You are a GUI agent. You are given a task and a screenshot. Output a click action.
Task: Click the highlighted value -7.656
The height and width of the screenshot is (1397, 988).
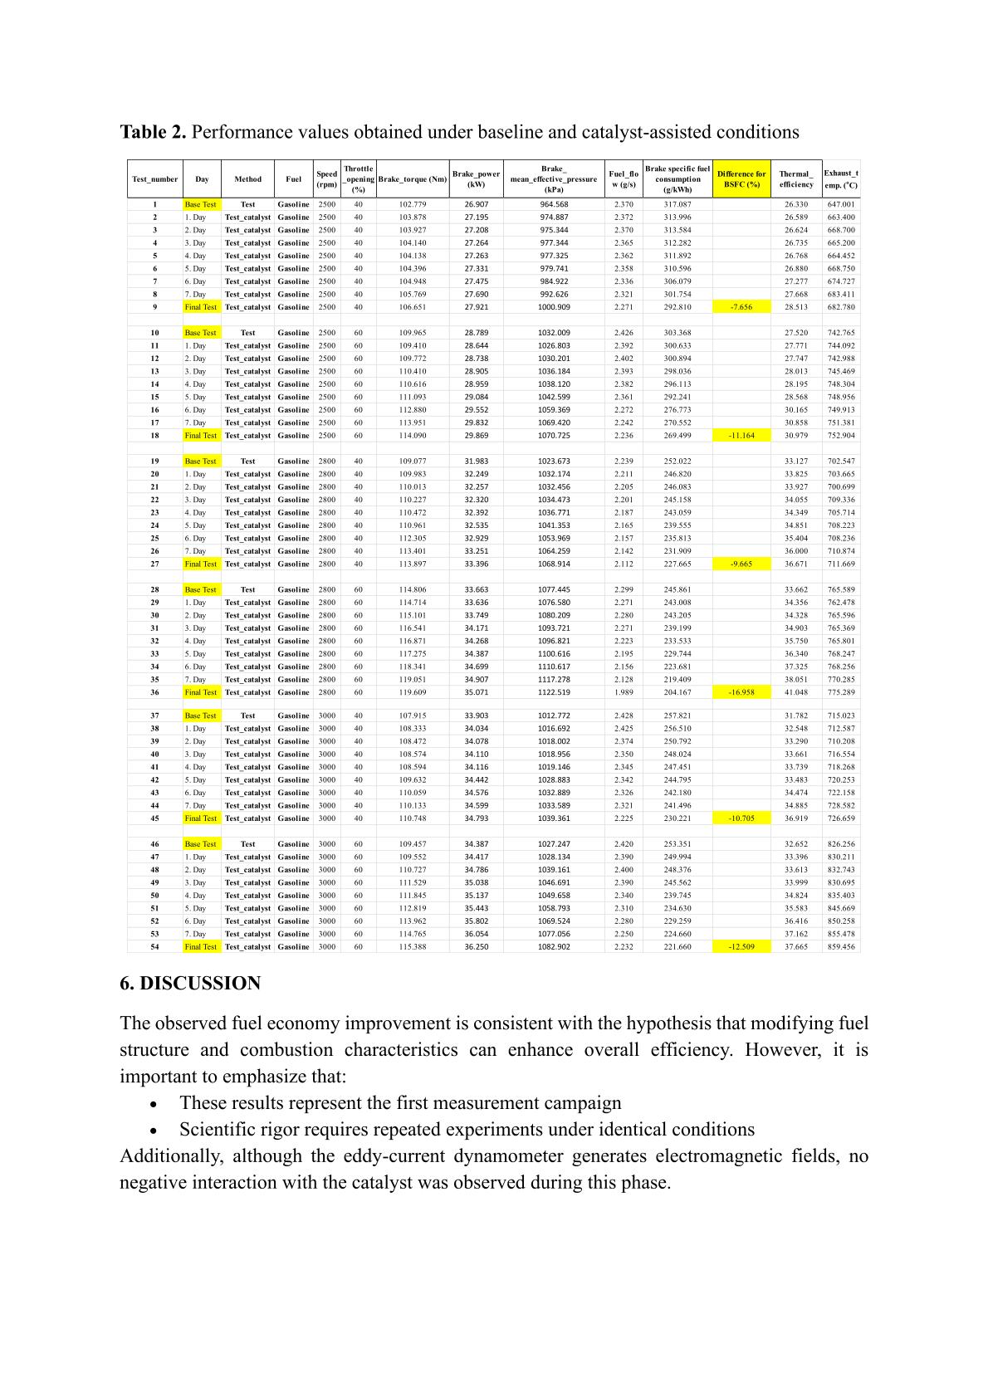pos(741,307)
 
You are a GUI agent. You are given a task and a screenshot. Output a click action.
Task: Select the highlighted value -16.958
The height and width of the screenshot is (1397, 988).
pos(741,692)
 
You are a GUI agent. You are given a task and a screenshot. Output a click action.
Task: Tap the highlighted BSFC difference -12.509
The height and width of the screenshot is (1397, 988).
pos(741,947)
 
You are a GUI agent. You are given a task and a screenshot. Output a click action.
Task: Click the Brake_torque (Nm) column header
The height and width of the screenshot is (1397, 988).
pos(413,179)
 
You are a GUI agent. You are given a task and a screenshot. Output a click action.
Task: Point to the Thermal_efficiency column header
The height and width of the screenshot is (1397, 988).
pos(796,179)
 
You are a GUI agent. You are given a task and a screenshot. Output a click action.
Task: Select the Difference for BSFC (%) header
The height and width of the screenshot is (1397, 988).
pos(741,179)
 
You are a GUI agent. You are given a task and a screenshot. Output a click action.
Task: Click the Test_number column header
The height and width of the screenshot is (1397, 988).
pos(155,179)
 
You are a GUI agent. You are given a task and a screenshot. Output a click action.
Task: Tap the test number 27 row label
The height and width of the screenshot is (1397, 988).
pos(155,564)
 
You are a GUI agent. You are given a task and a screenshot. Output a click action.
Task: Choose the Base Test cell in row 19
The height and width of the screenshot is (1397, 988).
pos(200,462)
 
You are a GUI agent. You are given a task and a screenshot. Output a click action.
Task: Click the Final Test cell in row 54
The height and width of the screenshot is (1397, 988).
pos(200,947)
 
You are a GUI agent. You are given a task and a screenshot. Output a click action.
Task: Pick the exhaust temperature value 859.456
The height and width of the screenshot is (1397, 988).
pos(841,947)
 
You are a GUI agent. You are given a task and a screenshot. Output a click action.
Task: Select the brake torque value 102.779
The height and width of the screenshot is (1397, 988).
pos(413,204)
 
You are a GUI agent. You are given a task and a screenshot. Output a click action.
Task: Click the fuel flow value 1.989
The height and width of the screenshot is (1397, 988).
pos(624,692)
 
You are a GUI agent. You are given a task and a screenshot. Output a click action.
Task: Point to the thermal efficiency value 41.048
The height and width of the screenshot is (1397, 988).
pos(796,692)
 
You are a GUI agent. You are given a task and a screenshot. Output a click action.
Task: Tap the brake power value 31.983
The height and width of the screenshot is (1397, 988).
pos(477,462)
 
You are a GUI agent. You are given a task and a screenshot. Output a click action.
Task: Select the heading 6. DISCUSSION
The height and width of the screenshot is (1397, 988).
pos(190,984)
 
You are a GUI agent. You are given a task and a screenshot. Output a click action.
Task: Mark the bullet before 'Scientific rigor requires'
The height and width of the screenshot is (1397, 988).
pos(153,1131)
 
